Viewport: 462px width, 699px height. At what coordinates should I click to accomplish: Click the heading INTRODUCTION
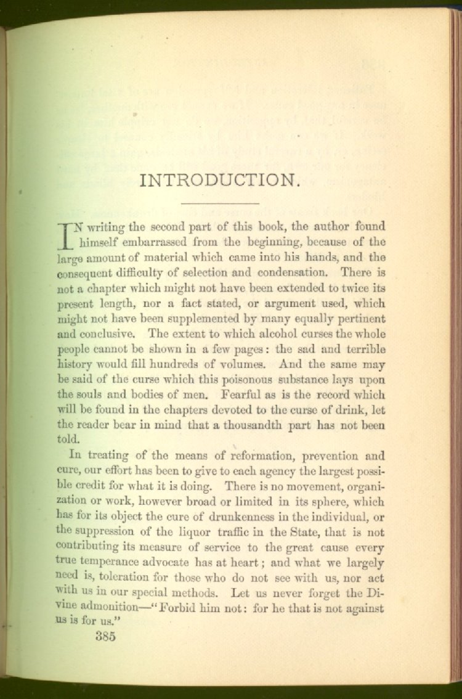[x=220, y=181]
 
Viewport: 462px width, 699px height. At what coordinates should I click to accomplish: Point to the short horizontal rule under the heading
[x=220, y=203]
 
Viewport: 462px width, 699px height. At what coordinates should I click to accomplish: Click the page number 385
[x=105, y=637]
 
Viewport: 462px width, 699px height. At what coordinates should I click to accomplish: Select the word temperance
[x=116, y=562]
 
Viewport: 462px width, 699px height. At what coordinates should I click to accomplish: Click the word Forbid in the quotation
[x=187, y=608]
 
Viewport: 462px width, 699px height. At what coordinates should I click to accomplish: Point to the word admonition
[x=108, y=608]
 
